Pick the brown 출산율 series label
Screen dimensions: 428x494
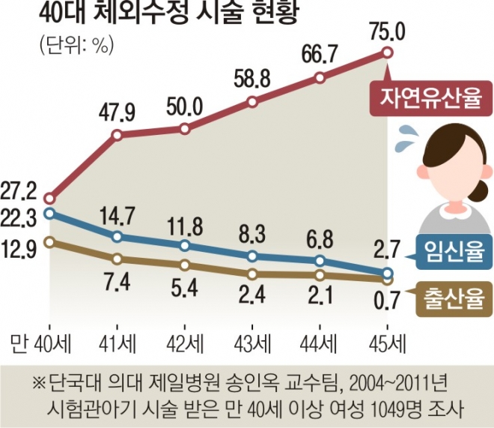click(448, 293)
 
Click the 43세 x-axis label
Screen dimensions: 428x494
click(253, 344)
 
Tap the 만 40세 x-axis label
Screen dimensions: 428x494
click(40, 344)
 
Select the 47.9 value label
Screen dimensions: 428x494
click(118, 114)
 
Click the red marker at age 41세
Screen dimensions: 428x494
click(118, 135)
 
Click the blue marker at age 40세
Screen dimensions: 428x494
click(49, 214)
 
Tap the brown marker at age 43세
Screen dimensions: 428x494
click(253, 274)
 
